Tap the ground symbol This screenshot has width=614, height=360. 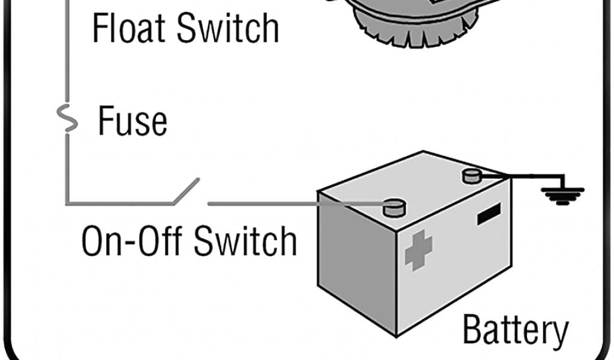tap(562, 194)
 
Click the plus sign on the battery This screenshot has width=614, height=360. tap(419, 249)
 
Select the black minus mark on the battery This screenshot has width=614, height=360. tap(489, 214)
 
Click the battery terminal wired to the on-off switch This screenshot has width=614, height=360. tap(393, 208)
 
